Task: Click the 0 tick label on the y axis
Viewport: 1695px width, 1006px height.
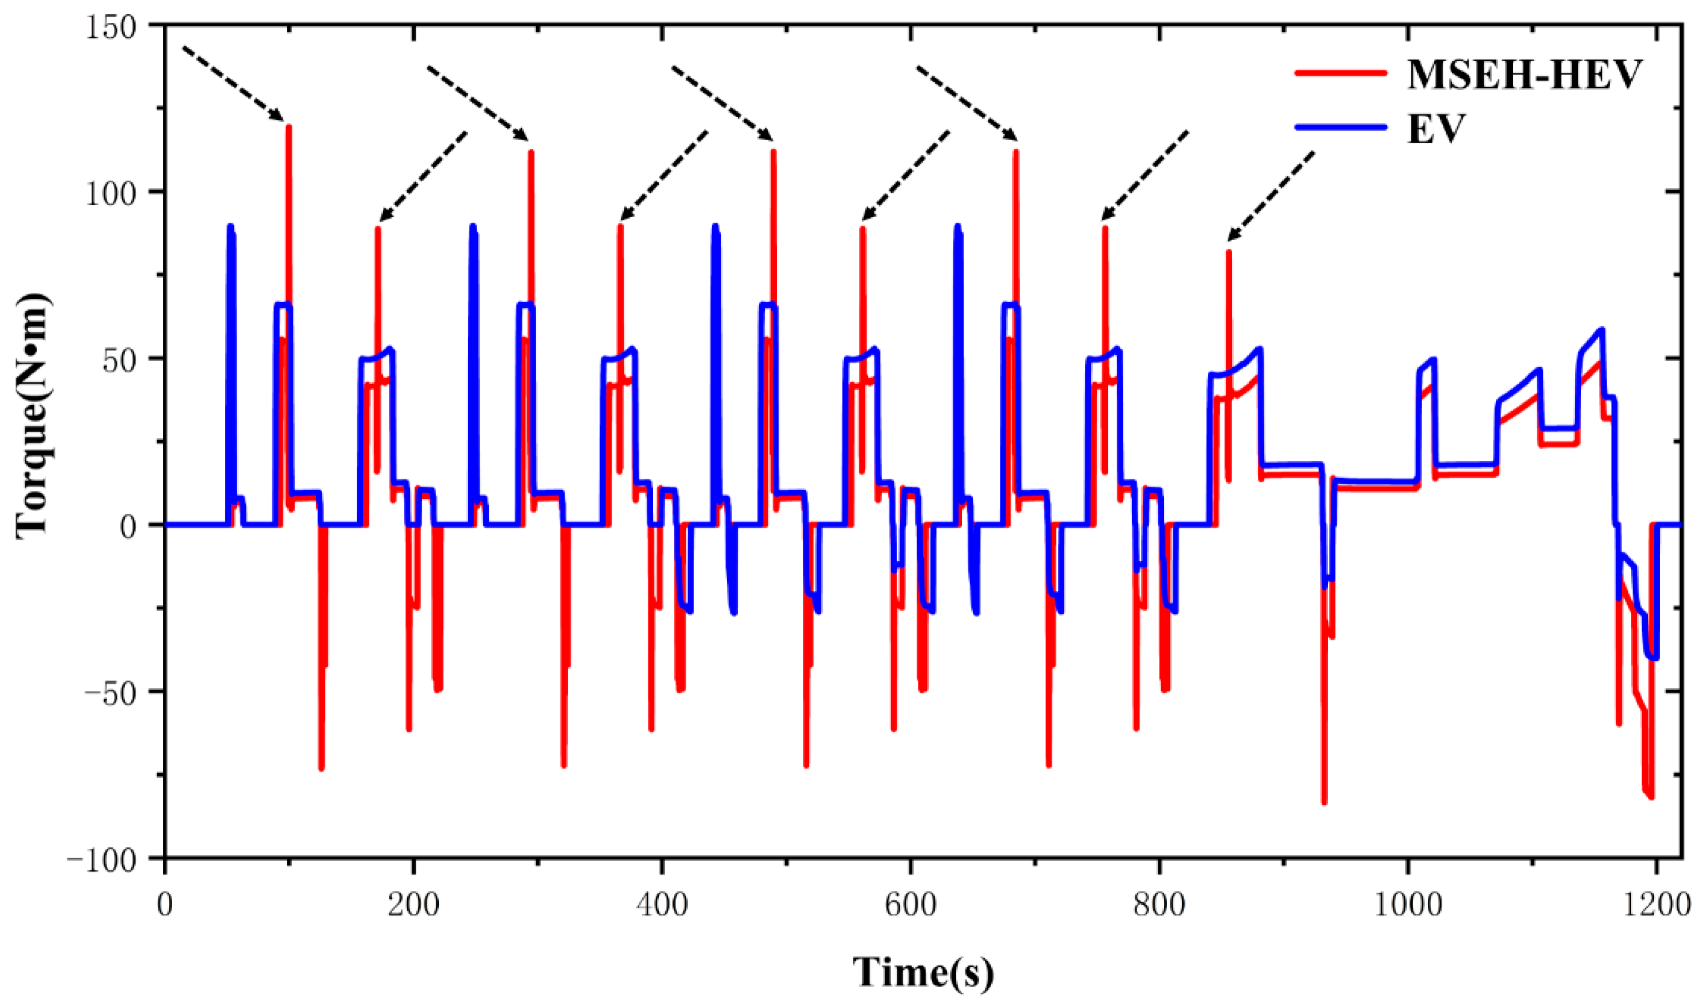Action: pos(129,525)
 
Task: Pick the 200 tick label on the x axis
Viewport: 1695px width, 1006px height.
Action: pos(413,905)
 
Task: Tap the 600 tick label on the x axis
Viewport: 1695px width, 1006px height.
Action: pos(911,905)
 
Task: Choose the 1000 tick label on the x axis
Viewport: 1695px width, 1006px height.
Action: pos(1408,905)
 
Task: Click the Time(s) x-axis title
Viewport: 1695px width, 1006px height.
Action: pos(923,972)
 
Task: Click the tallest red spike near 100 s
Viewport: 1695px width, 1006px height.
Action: pos(288,129)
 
